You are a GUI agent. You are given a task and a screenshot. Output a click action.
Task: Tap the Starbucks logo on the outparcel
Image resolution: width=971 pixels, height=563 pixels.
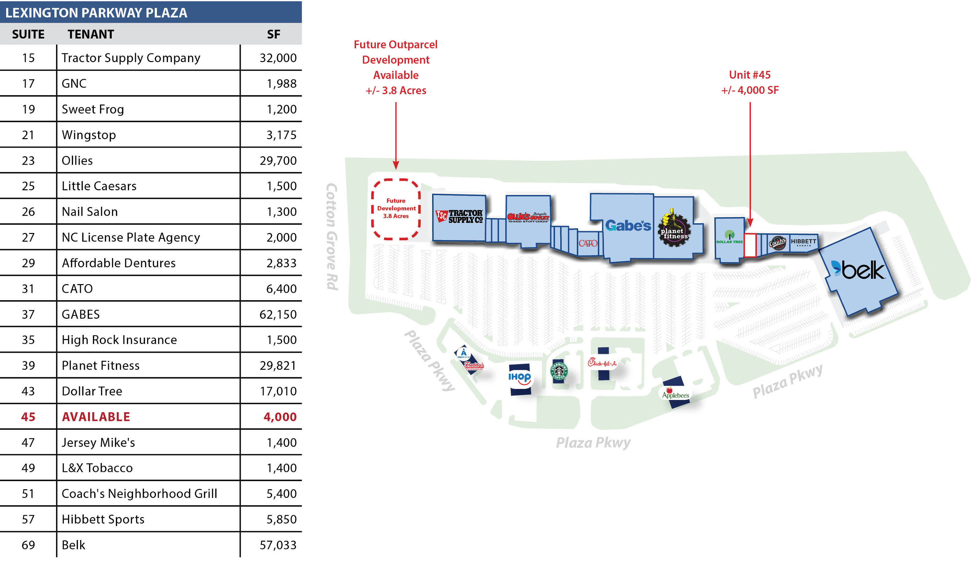(559, 371)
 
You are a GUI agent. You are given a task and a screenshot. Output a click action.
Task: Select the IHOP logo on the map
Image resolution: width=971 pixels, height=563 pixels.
(519, 377)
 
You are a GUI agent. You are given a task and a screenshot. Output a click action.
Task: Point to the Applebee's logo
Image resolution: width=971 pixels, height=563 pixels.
(675, 393)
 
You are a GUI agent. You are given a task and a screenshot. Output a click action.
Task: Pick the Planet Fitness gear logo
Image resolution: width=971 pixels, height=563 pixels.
(674, 230)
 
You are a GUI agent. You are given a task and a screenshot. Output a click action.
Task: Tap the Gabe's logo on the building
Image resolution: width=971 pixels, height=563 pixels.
(628, 225)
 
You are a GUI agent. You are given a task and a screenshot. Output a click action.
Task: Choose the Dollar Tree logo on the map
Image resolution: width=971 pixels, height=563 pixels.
(729, 237)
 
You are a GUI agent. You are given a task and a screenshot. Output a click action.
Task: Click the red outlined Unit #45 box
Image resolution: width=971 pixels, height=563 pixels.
(749, 245)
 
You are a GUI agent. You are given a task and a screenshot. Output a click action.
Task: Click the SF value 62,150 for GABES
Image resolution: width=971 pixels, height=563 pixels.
(278, 314)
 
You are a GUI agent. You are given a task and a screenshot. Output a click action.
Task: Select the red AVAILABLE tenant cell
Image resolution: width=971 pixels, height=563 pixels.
(96, 417)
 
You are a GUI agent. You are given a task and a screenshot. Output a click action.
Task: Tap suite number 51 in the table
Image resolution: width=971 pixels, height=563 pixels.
(28, 493)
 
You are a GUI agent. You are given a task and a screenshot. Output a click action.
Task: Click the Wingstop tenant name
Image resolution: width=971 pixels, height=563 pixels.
(89, 135)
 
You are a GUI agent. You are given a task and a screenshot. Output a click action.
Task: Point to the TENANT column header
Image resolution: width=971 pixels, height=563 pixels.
(91, 34)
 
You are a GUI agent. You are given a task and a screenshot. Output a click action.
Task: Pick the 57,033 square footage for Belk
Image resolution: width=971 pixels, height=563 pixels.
(278, 545)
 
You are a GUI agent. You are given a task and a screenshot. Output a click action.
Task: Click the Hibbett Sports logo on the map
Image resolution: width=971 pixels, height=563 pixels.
(803, 242)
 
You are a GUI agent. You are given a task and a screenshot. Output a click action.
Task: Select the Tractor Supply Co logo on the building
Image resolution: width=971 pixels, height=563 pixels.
(459, 216)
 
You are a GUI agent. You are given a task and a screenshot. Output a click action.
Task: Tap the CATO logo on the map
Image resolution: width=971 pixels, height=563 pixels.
(587, 243)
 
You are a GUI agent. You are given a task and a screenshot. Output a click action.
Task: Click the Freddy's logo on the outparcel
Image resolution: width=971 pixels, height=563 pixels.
(474, 365)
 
